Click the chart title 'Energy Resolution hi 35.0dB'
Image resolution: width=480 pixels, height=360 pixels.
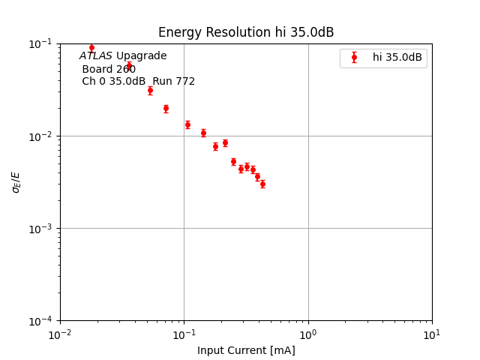coord(246,32)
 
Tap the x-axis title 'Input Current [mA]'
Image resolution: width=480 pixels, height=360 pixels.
coord(246,350)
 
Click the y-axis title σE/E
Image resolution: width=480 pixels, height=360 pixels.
coord(16,181)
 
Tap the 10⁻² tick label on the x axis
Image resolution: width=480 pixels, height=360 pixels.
coord(60,334)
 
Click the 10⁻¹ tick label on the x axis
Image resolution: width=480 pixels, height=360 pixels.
coord(184,334)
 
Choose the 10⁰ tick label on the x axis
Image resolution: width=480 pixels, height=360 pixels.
coord(308,334)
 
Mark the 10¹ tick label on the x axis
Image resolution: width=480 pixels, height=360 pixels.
coord(432,334)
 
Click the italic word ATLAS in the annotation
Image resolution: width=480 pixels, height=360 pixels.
coord(96,56)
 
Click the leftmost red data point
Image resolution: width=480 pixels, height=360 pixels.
coord(91,47)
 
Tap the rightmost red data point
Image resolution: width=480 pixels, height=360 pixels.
coord(262,184)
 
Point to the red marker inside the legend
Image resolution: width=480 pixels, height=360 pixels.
coord(355,57)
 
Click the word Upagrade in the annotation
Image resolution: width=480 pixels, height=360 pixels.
coord(142,56)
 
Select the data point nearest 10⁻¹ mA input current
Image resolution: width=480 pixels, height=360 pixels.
coord(187,124)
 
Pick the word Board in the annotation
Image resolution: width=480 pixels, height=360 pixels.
coord(97,69)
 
